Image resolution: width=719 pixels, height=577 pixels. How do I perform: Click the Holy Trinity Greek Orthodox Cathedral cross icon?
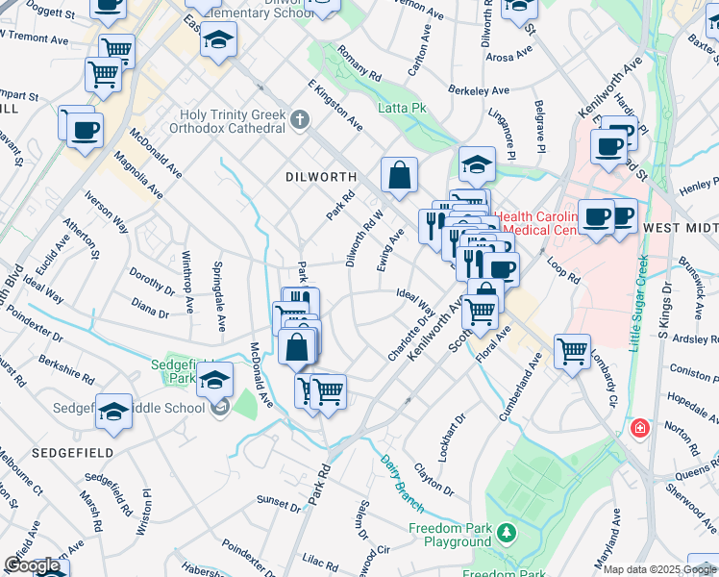pos(300,120)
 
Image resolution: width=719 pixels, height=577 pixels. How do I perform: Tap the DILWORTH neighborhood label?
pos(321,177)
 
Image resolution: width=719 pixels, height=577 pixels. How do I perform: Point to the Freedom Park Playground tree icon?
pos(506,530)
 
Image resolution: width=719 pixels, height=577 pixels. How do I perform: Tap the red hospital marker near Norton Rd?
pos(637,428)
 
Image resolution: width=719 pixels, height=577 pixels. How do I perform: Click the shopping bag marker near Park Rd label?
pos(298,346)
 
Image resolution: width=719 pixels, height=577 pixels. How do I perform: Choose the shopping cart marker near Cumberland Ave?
pos(573,351)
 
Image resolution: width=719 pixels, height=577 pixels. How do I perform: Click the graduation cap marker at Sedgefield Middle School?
pos(114,413)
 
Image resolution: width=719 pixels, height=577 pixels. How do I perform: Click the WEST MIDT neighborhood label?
pos(679,227)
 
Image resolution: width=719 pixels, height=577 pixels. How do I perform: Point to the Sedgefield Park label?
pos(173,371)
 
